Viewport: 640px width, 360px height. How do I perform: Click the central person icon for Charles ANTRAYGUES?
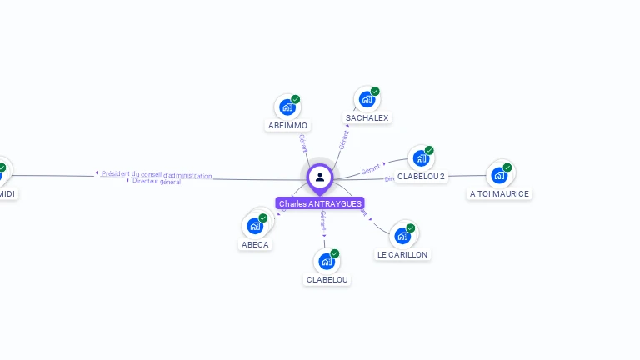click(x=320, y=177)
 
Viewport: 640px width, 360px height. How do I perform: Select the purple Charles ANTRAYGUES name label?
click(x=320, y=203)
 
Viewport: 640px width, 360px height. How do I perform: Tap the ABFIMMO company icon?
click(x=287, y=107)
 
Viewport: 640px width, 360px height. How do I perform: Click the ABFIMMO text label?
click(x=287, y=126)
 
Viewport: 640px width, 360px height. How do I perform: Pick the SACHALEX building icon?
click(x=367, y=99)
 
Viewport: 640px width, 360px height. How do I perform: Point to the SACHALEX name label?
click(x=367, y=118)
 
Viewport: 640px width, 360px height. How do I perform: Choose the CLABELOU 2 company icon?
click(x=421, y=157)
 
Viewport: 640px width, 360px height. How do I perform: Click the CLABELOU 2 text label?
click(x=421, y=177)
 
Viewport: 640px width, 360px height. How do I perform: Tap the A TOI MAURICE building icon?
click(x=499, y=174)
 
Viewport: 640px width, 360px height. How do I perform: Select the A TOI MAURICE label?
click(x=499, y=194)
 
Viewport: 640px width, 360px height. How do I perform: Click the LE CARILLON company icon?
click(x=402, y=235)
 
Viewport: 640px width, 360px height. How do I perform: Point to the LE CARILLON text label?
click(x=402, y=254)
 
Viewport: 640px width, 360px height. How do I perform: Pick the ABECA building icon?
click(x=255, y=225)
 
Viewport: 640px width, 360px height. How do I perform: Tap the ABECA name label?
click(x=255, y=244)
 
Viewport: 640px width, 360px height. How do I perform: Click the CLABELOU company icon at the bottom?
click(x=327, y=261)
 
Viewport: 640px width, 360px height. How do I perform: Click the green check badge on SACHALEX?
click(x=375, y=92)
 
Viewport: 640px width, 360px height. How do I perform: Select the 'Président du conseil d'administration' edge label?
click(x=157, y=175)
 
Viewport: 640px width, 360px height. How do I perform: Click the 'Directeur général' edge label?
click(x=156, y=182)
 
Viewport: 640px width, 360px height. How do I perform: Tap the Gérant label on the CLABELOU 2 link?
click(x=371, y=168)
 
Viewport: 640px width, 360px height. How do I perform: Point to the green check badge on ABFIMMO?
click(x=295, y=99)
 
